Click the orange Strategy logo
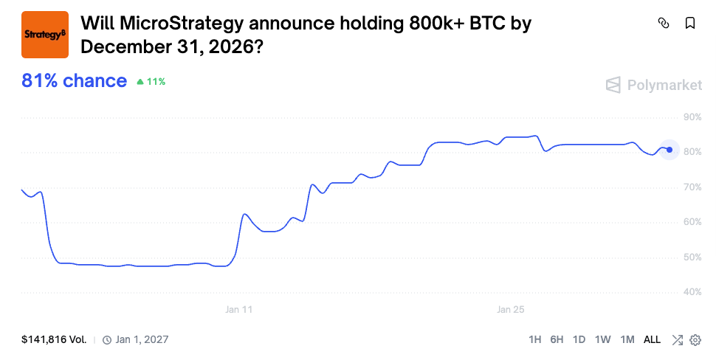click(44, 35)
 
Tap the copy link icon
click(663, 24)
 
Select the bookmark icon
click(690, 24)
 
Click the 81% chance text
click(74, 81)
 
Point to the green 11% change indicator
click(151, 82)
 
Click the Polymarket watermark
click(654, 86)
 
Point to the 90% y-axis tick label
click(692, 117)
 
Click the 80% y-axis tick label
click(692, 152)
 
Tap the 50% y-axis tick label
click(692, 257)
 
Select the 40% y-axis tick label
click(692, 292)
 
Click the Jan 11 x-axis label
click(238, 310)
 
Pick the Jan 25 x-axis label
click(510, 310)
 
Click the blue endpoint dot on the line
click(669, 150)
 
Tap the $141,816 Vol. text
click(54, 340)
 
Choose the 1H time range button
click(535, 340)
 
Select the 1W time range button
click(603, 340)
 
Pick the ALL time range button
click(652, 340)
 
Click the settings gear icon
click(695, 340)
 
